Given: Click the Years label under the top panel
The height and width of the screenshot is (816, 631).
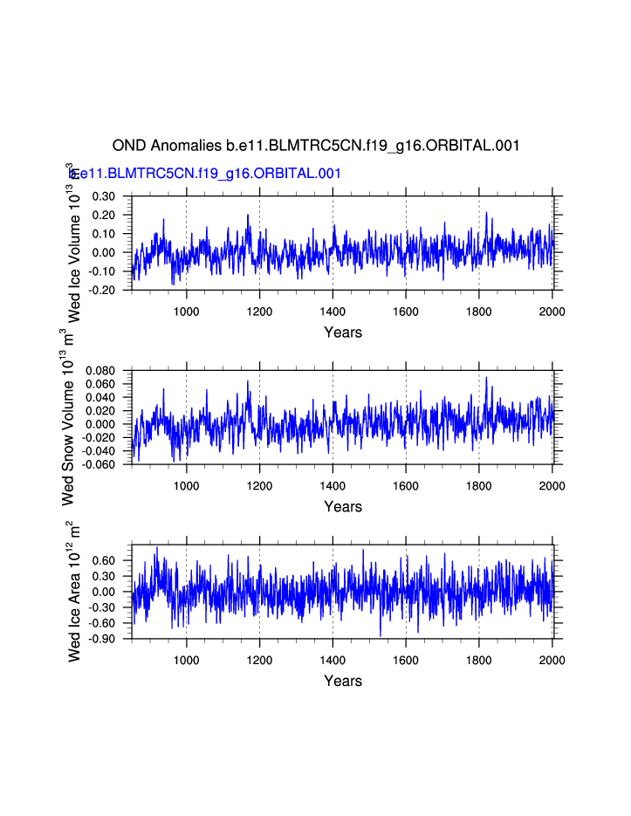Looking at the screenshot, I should tap(342, 332).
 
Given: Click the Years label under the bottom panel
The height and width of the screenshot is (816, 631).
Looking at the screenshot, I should tap(342, 681).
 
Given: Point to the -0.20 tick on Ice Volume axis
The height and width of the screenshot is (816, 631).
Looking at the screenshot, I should tap(102, 290).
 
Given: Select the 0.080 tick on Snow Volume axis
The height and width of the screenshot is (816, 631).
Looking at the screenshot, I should tap(99, 371).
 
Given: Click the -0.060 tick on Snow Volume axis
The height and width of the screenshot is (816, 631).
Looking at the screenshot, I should tap(98, 464).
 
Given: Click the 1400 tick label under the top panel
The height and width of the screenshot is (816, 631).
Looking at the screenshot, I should tap(333, 312).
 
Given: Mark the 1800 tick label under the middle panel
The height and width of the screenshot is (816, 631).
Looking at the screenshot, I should tap(479, 486).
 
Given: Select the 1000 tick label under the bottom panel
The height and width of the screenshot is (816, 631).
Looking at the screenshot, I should tap(187, 661).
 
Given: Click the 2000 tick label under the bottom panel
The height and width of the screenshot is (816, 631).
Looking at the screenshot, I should tap(552, 661).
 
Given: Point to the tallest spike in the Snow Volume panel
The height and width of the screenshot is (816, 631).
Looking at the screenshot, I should tap(486, 377).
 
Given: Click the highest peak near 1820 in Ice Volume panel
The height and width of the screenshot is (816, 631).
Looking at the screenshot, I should tap(486, 215).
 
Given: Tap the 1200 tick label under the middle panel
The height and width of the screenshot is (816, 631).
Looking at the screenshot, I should tap(260, 486).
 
